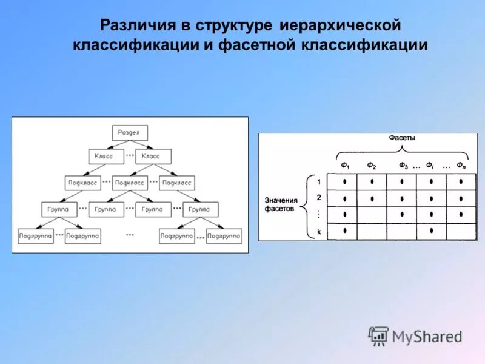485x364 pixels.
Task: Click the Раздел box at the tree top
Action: (x=130, y=133)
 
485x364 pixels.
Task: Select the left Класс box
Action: (x=104, y=156)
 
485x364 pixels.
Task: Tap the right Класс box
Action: (x=150, y=156)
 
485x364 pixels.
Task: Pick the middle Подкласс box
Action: (x=130, y=182)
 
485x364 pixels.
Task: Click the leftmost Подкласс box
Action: (x=82, y=182)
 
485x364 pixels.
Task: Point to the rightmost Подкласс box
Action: (x=176, y=182)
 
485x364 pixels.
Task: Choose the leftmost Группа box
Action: (x=59, y=209)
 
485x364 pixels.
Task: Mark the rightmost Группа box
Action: (x=199, y=209)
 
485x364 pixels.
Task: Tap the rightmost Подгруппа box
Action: (x=224, y=235)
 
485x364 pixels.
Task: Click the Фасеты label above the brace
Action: (x=402, y=138)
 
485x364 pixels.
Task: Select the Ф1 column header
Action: (x=344, y=165)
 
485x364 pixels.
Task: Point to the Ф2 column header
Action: (x=372, y=165)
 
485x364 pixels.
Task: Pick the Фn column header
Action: (x=461, y=165)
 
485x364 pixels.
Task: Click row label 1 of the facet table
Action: (x=318, y=181)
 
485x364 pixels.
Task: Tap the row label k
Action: (x=318, y=231)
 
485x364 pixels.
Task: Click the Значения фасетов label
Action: (x=281, y=204)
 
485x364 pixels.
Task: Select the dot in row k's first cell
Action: (x=344, y=231)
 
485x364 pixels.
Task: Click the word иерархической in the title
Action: (x=340, y=26)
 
